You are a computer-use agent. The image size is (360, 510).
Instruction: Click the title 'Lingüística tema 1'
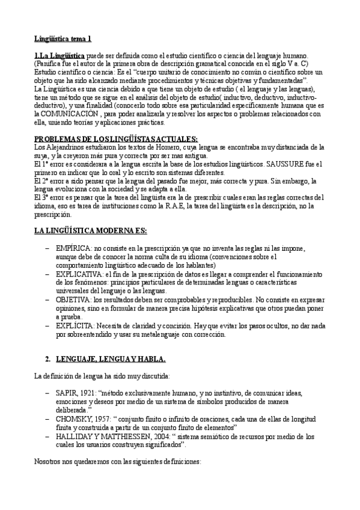point(63,39)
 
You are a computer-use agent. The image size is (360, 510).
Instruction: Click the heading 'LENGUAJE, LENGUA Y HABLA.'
point(111,359)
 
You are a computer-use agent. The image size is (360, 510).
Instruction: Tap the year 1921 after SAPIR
point(89,393)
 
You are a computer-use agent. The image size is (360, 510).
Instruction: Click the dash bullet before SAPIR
point(47,393)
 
